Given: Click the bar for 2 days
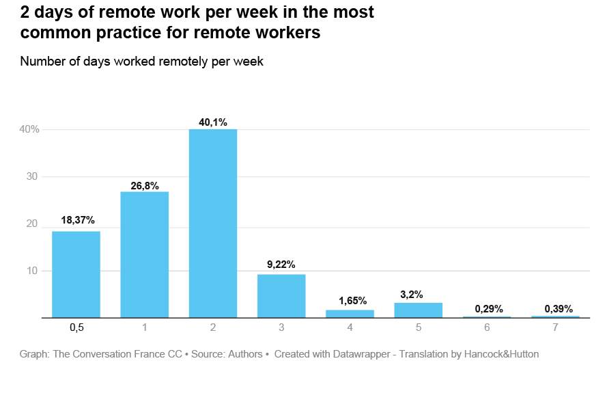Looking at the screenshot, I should [213, 224].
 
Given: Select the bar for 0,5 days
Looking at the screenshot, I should [76, 274].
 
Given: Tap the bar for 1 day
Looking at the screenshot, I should [144, 254].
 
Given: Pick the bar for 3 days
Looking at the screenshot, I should [281, 296].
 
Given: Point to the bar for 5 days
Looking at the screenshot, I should [418, 310].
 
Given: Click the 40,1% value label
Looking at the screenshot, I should [213, 122].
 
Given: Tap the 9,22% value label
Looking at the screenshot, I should [281, 264].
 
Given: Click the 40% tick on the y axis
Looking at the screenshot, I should [29, 129].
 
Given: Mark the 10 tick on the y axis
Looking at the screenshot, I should [31, 271].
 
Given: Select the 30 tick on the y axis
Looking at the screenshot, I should [31, 176].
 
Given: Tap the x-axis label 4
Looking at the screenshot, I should [350, 327].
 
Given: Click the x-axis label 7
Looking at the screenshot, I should [555, 327].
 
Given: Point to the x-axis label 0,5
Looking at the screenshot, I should [76, 327].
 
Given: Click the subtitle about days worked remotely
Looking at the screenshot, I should [141, 61].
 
